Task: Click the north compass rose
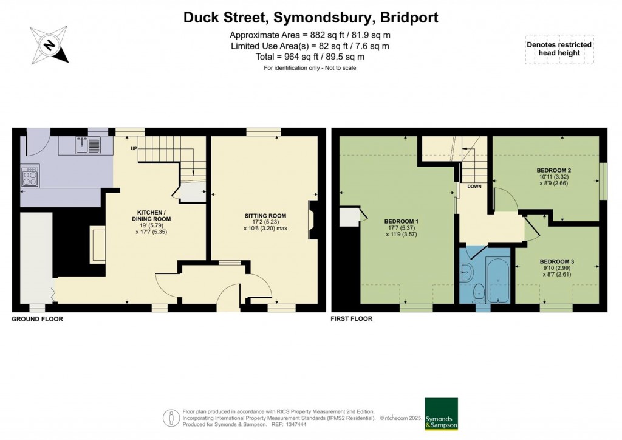[x=49, y=45]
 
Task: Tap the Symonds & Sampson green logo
[x=441, y=414]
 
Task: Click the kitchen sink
[x=88, y=145]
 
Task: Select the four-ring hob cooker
[x=30, y=176]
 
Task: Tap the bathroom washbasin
[x=465, y=272]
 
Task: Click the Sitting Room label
[x=265, y=216]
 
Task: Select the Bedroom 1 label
[x=402, y=221]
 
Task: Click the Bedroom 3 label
[x=557, y=261]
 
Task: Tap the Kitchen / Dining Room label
[x=151, y=215]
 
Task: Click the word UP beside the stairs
[x=134, y=148]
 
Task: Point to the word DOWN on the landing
[x=474, y=187]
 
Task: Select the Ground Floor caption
[x=37, y=319]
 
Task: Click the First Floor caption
[x=352, y=318]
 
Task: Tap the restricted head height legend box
[x=559, y=49]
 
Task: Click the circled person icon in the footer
[x=171, y=418]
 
